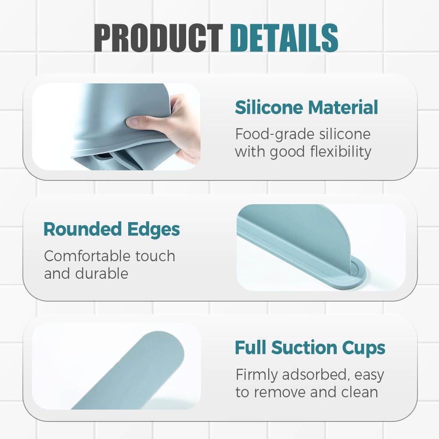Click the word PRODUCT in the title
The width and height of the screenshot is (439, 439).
tap(158, 38)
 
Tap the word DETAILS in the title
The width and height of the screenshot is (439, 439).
tap(284, 38)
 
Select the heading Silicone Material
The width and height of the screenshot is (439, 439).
tap(306, 108)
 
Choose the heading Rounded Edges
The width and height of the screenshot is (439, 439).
tap(112, 229)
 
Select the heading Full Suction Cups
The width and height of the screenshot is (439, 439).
tap(310, 348)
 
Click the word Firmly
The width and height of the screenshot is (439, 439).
tap(257, 374)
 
